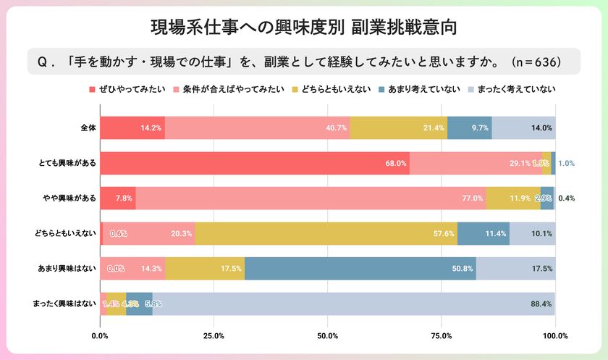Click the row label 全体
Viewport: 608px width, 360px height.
click(88, 127)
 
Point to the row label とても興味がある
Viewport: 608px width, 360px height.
click(69, 163)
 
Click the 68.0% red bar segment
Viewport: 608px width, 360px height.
click(255, 163)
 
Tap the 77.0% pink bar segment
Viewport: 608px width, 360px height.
click(311, 198)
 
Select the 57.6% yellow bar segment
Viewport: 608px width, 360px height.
click(326, 233)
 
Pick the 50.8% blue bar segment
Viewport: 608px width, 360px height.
click(360, 269)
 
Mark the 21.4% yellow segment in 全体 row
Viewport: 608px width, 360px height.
click(399, 127)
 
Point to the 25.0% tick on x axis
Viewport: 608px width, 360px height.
click(214, 335)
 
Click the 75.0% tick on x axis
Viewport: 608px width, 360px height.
click(442, 335)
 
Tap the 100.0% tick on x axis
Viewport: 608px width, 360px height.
click(555, 335)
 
